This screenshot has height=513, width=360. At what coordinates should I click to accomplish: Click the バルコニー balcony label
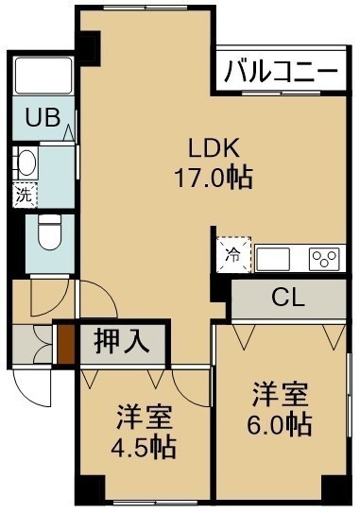pos(281,71)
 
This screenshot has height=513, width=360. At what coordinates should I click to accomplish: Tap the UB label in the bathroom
pos(43,117)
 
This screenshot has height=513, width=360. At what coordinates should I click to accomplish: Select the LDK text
pos(214,148)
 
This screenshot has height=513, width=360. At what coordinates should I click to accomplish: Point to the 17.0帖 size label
pos(214,178)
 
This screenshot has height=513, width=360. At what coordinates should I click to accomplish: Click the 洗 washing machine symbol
pos(25,196)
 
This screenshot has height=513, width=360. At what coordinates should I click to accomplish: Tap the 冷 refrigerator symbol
pos(233,255)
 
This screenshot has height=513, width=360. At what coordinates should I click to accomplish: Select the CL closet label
pos(288,298)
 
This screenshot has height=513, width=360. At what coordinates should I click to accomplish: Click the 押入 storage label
pos(122,343)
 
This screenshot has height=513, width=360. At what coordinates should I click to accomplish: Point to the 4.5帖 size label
pos(144,446)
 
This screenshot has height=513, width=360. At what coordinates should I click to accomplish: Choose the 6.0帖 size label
pos(279,424)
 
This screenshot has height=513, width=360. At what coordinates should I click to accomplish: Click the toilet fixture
pos(49,232)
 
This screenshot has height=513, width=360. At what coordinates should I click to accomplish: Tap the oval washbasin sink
pos(27,162)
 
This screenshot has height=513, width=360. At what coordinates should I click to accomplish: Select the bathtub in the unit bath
pos(43,76)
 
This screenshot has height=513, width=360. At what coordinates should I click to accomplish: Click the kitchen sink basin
pos(273,259)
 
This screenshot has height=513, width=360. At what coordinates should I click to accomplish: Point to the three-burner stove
pos(324,258)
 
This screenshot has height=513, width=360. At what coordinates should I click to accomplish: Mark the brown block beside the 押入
pos(66,344)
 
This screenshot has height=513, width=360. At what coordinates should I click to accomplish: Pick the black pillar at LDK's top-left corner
pos(89,47)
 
